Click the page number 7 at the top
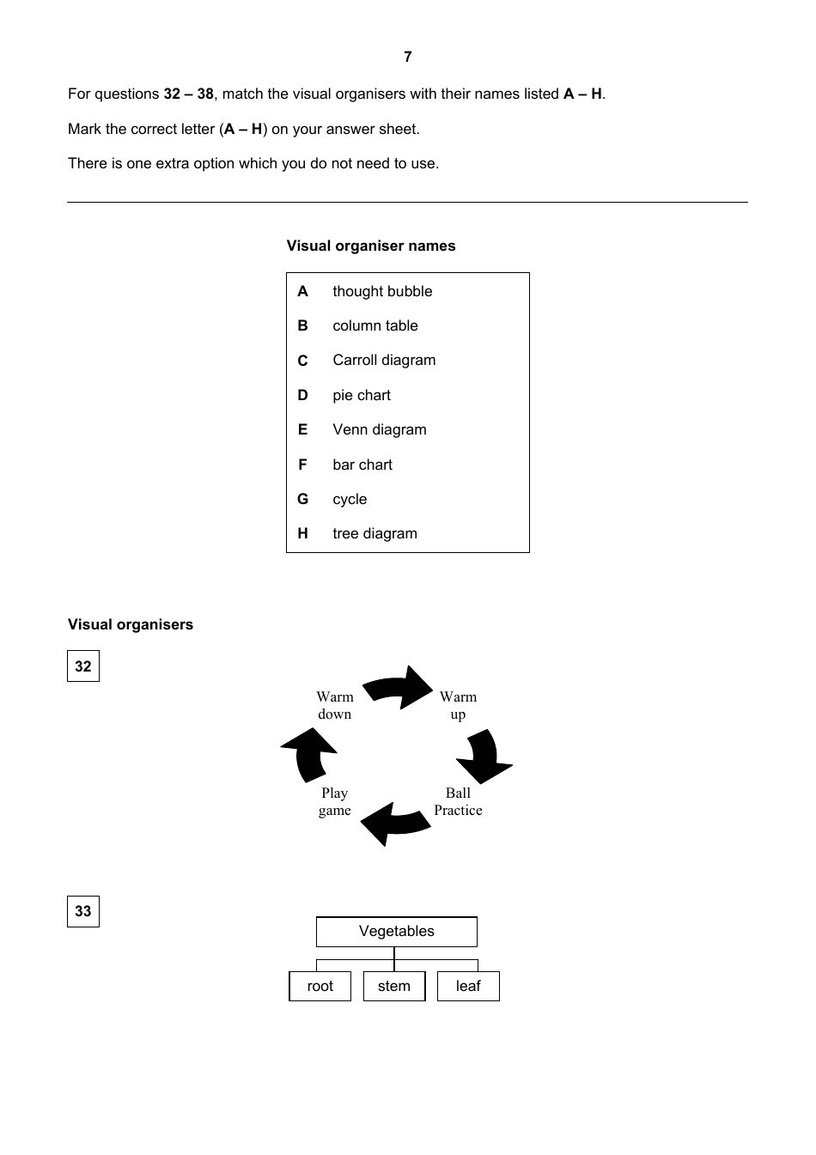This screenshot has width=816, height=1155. pyautogui.click(x=407, y=57)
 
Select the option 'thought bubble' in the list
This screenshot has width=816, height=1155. pyautogui.click(x=382, y=291)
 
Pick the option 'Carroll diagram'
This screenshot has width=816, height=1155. pyautogui.click(x=384, y=361)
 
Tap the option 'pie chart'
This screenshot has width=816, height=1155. pyautogui.click(x=362, y=395)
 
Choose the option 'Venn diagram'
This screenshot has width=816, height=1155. pyautogui.click(x=379, y=429)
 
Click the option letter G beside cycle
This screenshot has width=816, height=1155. pyautogui.click(x=302, y=499)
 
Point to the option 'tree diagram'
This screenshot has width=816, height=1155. pyautogui.click(x=375, y=533)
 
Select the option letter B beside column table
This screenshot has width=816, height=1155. pyautogui.click(x=302, y=325)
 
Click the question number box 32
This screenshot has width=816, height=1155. pyautogui.click(x=83, y=666)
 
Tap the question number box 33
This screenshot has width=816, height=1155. pyautogui.click(x=83, y=911)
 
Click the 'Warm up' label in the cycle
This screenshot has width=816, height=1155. pyautogui.click(x=458, y=705)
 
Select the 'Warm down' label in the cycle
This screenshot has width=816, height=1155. pyautogui.click(x=334, y=705)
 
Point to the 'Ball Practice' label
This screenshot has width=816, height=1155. pyautogui.click(x=458, y=801)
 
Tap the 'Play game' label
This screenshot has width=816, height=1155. pyautogui.click(x=334, y=801)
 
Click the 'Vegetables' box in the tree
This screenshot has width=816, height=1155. pyautogui.click(x=396, y=932)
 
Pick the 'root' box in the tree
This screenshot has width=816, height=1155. pyautogui.click(x=320, y=986)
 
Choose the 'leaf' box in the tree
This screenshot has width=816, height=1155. pyautogui.click(x=468, y=986)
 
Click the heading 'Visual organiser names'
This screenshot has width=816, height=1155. pyautogui.click(x=371, y=246)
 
